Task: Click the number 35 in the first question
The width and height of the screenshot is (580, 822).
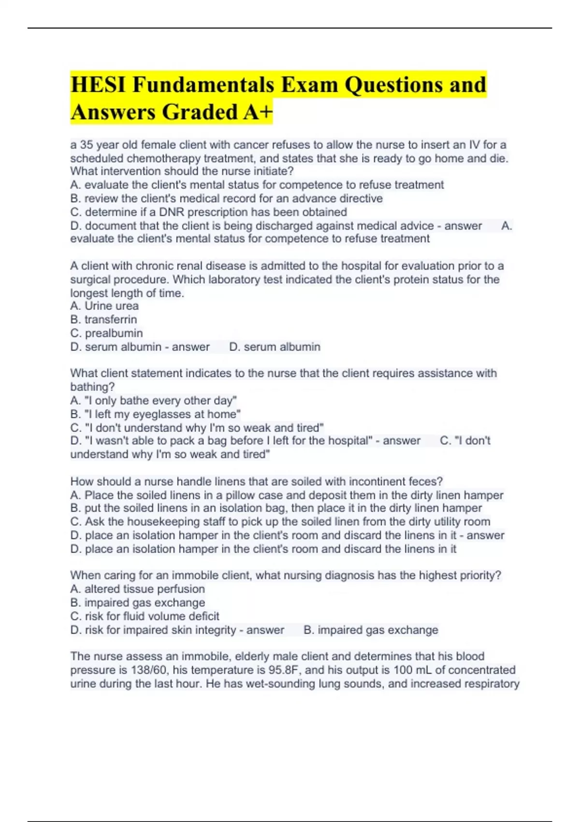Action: coord(87,145)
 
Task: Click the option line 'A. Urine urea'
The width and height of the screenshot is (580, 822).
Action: coord(104,306)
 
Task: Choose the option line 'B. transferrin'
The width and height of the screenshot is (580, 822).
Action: coord(103,320)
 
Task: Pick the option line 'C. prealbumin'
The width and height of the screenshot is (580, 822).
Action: coord(106,333)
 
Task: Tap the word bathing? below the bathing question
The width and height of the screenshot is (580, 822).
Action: coord(92,387)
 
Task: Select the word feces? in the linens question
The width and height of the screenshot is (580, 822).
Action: coord(425,482)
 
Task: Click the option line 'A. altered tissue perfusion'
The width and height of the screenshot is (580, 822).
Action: coord(137,589)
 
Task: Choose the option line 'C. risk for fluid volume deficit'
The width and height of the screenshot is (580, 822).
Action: coord(145,616)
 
